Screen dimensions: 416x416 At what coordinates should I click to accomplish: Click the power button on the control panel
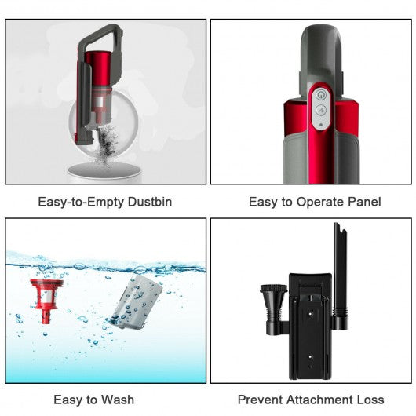[319, 95]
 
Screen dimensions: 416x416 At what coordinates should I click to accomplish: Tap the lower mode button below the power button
[319, 111]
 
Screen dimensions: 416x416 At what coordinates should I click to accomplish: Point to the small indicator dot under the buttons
[319, 124]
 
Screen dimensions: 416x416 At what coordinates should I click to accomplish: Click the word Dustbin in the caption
[145, 202]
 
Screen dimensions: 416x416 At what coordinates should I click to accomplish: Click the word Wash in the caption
[118, 400]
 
